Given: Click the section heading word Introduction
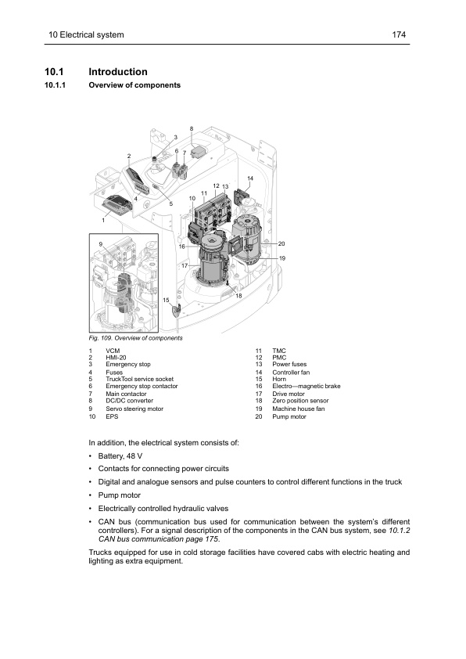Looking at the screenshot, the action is (119, 72).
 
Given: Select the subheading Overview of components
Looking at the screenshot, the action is (135, 85).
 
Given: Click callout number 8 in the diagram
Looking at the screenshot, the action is (192, 128).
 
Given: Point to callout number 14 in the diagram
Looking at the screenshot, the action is (250, 179).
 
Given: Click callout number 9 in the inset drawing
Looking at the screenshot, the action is (101, 245).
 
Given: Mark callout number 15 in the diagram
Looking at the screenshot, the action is (166, 300).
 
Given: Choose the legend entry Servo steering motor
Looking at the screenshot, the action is (134, 409).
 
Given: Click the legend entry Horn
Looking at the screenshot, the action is (278, 379).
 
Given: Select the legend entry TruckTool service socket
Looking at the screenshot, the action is (142, 379).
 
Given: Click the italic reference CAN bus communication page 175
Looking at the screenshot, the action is (158, 539).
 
